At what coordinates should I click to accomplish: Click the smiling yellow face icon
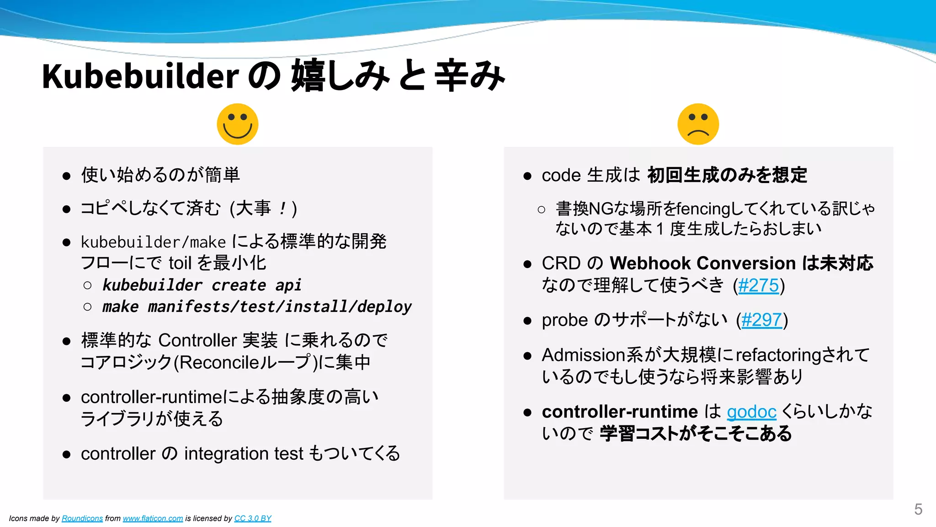point(237,124)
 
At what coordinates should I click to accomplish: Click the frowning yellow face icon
point(698,124)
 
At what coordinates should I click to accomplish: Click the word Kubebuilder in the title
point(140,76)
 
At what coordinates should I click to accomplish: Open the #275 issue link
point(758,285)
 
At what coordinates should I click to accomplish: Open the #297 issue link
point(761,320)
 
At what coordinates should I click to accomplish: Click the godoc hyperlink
point(751,412)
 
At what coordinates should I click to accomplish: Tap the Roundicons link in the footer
point(82,518)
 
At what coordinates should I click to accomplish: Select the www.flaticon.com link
point(153,518)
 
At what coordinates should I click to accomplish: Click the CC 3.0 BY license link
point(253,518)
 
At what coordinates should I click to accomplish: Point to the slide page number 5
point(918,509)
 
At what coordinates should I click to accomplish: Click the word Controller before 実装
point(197,340)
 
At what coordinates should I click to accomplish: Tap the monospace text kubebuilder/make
point(153,242)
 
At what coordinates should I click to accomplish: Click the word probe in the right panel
point(564,320)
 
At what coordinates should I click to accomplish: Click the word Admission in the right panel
point(583,355)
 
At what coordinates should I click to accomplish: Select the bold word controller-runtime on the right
point(619,412)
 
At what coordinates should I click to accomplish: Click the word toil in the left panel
point(180,263)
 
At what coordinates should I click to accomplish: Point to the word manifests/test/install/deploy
point(280,307)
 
